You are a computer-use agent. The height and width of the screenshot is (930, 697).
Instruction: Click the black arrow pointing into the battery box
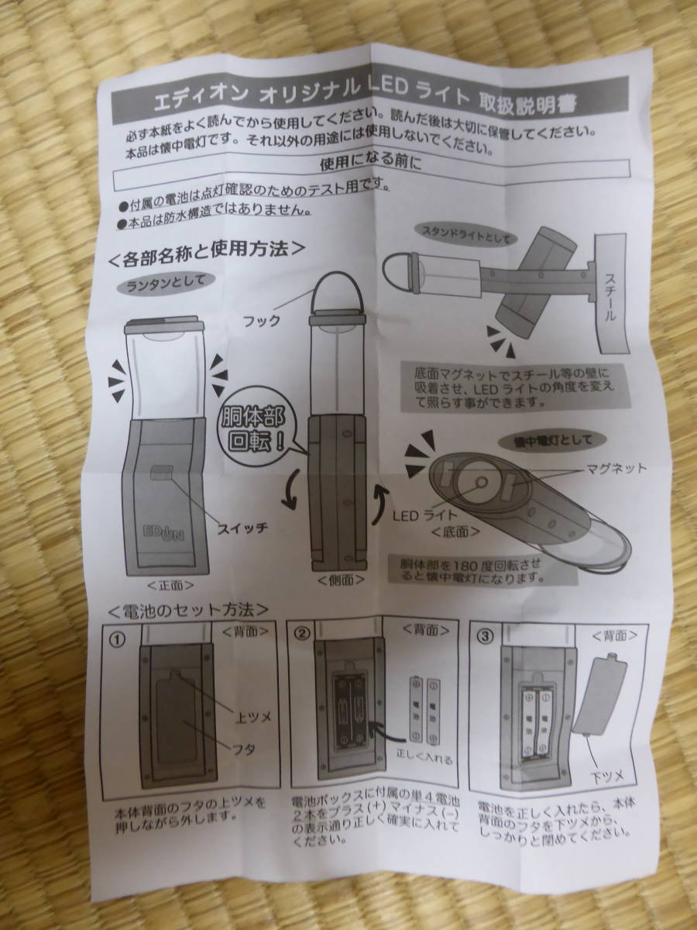pyautogui.click(x=383, y=728)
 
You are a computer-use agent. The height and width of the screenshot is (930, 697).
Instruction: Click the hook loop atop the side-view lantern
pyautogui.click(x=338, y=291)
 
